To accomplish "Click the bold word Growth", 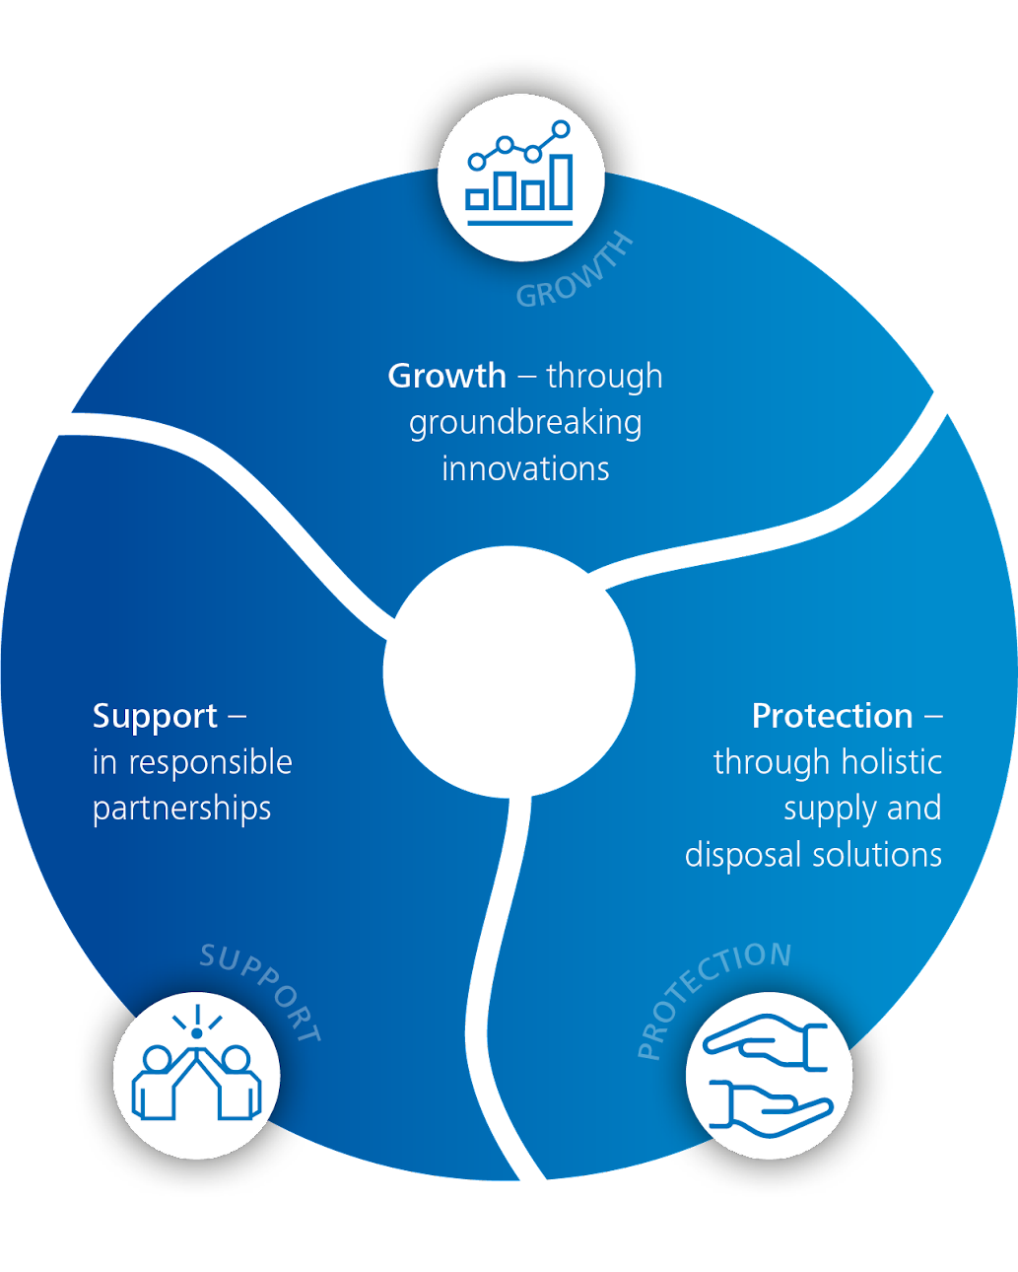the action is (446, 376).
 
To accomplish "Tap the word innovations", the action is (525, 469).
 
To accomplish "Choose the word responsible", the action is (210, 761).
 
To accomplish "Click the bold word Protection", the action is (832, 717).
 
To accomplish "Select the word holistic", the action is (892, 762).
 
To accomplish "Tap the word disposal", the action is (742, 855).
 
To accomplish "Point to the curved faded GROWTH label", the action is (575, 271).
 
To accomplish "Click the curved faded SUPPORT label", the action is (261, 992).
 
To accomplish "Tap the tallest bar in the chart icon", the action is (562, 182).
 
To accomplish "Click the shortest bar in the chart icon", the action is (477, 200).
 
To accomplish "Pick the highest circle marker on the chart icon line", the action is (562, 129).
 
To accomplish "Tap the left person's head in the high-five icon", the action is (157, 1058).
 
